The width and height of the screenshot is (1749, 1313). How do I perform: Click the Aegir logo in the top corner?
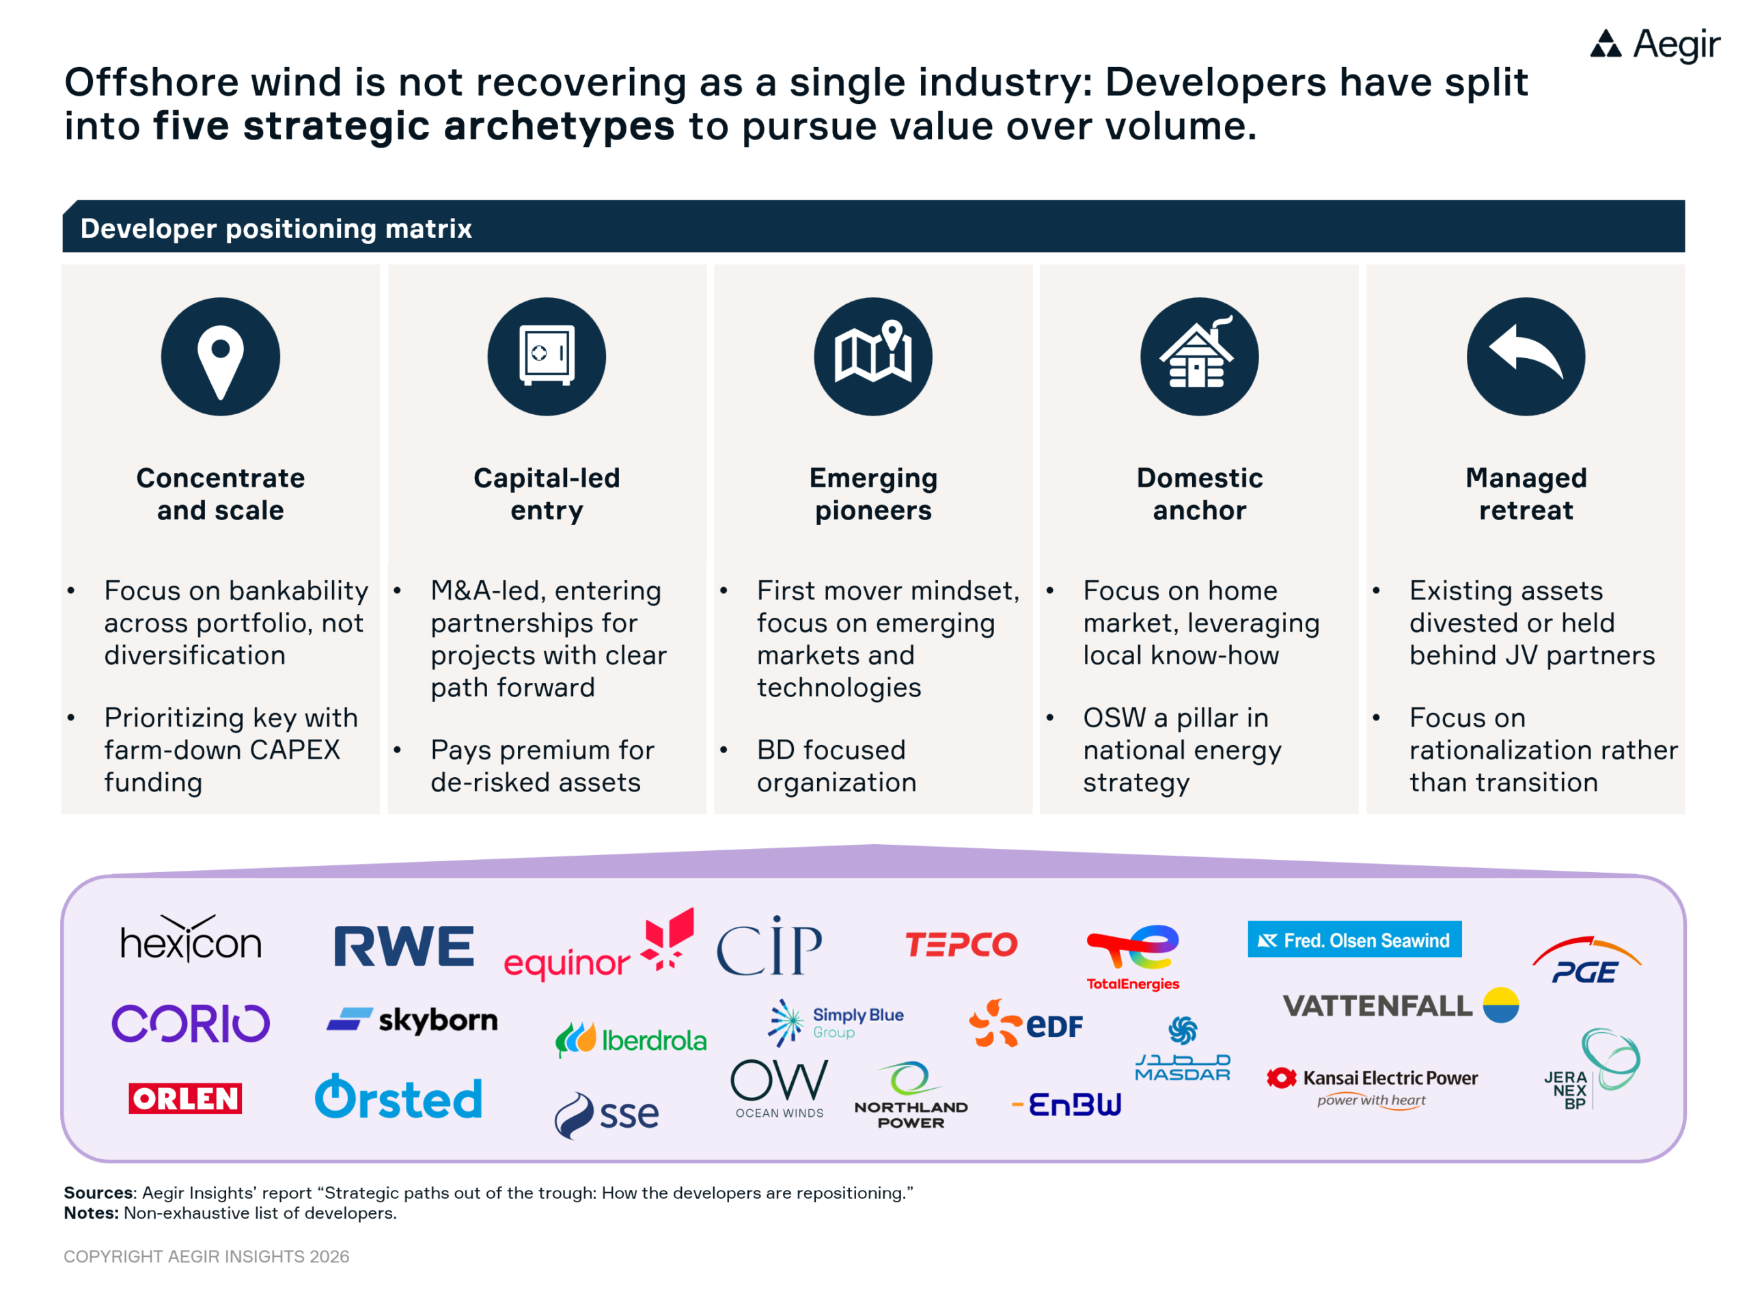point(1654,44)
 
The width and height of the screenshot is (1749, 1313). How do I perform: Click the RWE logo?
point(404,946)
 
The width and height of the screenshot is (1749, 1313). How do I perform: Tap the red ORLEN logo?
point(185,1098)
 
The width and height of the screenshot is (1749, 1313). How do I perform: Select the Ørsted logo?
point(398,1096)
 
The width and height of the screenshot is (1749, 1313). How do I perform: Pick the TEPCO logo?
point(961,944)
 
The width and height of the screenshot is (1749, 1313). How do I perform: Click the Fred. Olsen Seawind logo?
point(1354,940)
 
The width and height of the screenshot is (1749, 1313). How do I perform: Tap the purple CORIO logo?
point(191,1023)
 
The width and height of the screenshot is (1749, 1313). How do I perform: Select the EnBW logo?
point(1066,1104)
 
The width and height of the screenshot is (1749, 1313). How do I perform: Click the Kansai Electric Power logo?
point(1372,1086)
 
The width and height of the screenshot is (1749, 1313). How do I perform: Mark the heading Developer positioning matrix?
point(276,228)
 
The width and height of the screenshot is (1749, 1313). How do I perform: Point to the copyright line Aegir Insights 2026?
point(206,1256)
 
